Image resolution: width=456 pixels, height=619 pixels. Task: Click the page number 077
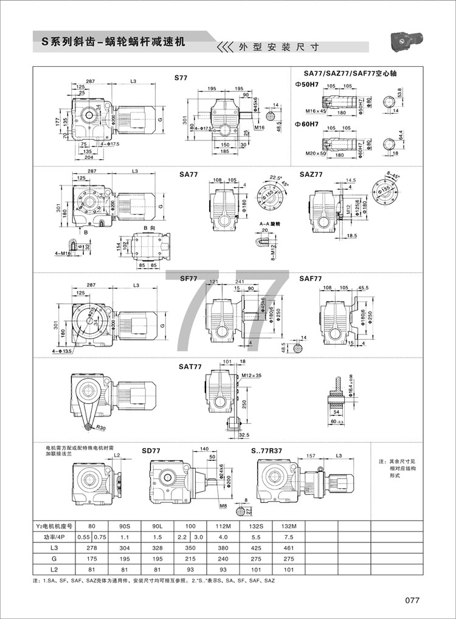tap(413, 600)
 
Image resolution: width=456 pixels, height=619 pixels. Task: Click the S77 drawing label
tap(182, 78)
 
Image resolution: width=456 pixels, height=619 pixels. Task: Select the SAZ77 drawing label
tap(311, 174)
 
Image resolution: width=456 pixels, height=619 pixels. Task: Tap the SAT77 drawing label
tap(190, 367)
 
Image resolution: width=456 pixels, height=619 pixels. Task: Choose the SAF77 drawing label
tap(311, 278)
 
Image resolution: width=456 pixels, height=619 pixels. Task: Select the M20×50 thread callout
tap(315, 154)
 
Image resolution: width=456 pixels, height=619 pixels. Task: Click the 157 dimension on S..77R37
tap(311, 455)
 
